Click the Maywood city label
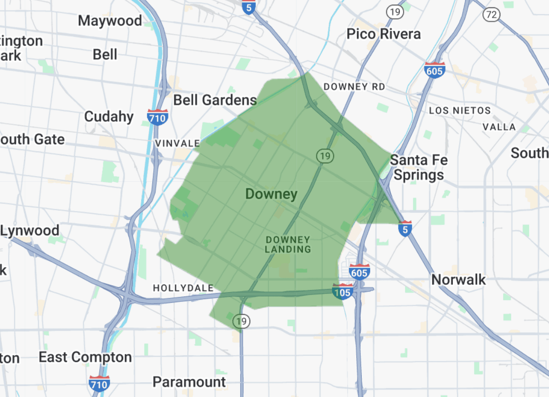(110, 21)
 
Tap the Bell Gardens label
(215, 100)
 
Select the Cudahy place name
(109, 117)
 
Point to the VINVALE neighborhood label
(178, 144)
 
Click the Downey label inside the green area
(271, 194)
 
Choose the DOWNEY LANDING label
(288, 245)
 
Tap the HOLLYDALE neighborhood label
(183, 288)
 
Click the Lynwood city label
(30, 231)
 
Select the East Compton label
(85, 357)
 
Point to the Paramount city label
(189, 382)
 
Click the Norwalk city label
(459, 279)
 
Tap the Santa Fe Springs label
(419, 167)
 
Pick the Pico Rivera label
(383, 34)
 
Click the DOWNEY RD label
(354, 87)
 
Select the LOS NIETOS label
(460, 111)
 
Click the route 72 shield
(491, 15)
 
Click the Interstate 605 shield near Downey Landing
(359, 272)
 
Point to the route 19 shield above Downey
(324, 156)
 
